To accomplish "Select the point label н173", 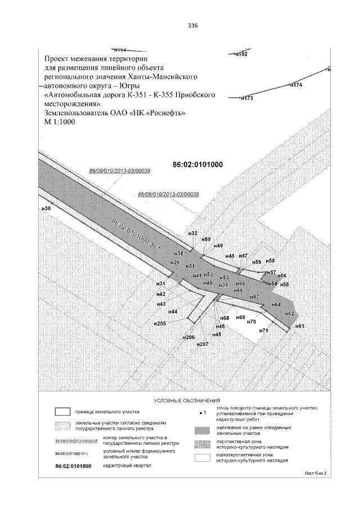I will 247,98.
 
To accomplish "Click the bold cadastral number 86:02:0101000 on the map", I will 197,165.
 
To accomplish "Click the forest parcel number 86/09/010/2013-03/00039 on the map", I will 120,170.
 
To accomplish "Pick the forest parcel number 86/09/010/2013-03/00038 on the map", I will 169,194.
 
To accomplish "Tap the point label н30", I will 46,209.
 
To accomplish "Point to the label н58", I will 271,261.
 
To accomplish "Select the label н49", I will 219,246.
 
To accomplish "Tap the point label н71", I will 263,330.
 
